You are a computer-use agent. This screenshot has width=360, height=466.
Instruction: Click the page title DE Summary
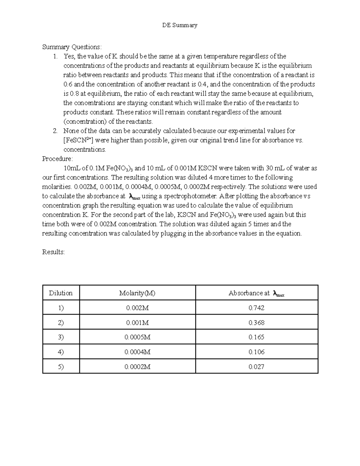[x=180, y=25]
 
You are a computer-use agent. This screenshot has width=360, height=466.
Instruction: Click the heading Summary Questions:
[x=72, y=47]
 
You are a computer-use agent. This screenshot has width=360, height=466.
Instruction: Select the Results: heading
[x=53, y=252]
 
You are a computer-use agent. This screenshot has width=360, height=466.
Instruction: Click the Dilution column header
[x=61, y=293]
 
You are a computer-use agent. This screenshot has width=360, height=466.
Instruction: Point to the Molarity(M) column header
[x=137, y=293]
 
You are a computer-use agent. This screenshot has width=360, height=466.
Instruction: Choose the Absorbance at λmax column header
[x=256, y=293]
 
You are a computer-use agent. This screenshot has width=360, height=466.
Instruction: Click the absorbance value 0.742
[x=256, y=308]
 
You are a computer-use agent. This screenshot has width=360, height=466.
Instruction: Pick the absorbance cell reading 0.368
[x=256, y=323]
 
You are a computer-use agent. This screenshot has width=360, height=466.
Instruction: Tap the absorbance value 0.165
[x=256, y=337]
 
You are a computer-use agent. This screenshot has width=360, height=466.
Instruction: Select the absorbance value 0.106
[x=256, y=352]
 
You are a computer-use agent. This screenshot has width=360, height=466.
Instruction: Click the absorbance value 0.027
[x=256, y=366]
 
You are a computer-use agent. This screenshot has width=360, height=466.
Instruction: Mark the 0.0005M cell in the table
[x=137, y=337]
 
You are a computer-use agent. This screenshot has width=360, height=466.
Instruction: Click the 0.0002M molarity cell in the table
[x=137, y=366]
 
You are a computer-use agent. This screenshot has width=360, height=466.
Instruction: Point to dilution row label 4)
[x=61, y=352]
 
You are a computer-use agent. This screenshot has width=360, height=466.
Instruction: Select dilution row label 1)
[x=61, y=308]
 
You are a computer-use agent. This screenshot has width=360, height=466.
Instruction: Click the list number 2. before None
[x=55, y=131]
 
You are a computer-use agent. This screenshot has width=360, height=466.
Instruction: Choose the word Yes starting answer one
[x=69, y=56]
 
